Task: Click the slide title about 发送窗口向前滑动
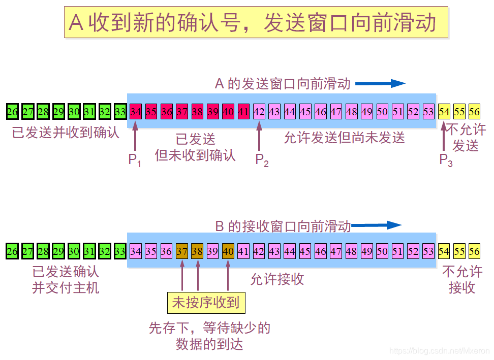click(256, 22)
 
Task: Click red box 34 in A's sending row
click(135, 111)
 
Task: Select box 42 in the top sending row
click(259, 111)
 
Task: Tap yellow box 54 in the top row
click(444, 111)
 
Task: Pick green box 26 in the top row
click(13, 111)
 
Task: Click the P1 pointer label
click(135, 160)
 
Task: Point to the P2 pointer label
click(261, 160)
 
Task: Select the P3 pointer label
click(446, 160)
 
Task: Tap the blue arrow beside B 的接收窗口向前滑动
click(377, 225)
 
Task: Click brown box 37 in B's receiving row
click(182, 251)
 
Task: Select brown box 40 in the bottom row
click(228, 251)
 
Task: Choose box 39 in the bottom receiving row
click(212, 251)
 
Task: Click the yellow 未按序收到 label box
click(206, 303)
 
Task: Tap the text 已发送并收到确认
click(66, 133)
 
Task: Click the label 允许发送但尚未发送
click(344, 137)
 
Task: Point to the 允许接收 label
click(277, 279)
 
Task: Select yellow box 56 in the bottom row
click(474, 251)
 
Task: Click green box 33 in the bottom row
click(120, 251)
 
